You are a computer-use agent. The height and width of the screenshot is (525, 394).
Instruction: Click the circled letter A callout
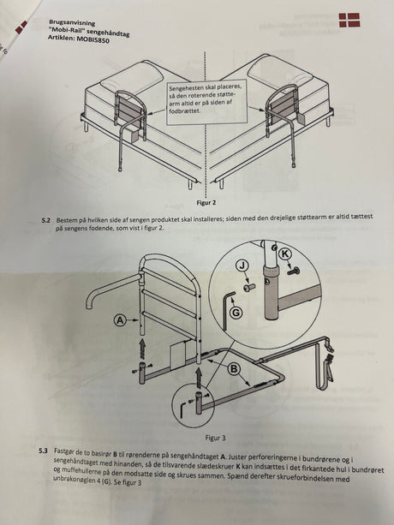point(120,320)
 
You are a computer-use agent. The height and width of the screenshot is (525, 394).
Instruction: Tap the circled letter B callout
point(235,369)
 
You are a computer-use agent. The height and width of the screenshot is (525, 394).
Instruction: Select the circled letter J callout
point(242,266)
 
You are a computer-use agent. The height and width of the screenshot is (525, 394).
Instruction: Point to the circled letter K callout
point(285,254)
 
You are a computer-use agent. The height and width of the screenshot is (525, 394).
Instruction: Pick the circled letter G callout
point(236,313)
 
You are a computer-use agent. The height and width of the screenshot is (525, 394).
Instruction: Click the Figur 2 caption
point(206,203)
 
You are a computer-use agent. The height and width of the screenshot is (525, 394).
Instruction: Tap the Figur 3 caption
point(216,438)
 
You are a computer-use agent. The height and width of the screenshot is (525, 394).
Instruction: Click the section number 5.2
point(46,221)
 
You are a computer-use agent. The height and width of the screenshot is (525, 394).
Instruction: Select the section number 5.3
point(44,450)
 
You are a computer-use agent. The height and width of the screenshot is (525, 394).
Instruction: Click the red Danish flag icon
point(349,20)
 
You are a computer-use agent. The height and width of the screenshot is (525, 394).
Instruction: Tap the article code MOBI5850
point(93,40)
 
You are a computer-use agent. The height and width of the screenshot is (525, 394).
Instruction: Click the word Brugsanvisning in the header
point(72,23)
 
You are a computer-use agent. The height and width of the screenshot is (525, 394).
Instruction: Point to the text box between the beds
point(206,102)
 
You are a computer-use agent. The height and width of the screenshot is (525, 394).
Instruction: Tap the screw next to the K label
point(293,271)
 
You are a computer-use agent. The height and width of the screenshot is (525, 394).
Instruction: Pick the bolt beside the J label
point(249,287)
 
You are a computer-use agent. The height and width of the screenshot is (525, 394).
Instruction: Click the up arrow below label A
point(143,349)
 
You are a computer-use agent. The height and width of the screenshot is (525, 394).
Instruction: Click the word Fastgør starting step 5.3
point(63,451)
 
